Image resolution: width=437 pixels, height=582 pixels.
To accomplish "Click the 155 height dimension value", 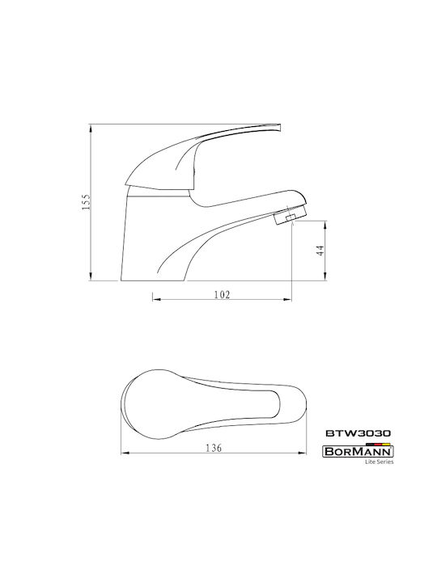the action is coord(87,202).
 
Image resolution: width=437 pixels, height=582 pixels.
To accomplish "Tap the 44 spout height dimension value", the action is coord(320,251).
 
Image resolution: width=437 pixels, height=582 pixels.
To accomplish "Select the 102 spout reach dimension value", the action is coord(223,295).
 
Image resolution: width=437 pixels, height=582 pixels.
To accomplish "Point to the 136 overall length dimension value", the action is coord(214,448).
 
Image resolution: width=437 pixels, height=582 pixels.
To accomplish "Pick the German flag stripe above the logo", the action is coord(378,444).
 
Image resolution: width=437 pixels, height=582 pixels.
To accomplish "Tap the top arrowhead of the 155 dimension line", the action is coord(91,128).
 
